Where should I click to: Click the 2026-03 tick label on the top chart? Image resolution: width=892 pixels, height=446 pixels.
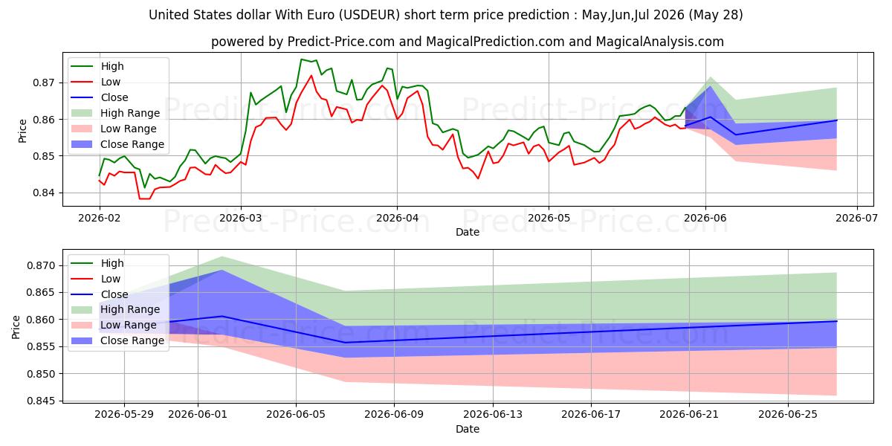(x=241, y=219)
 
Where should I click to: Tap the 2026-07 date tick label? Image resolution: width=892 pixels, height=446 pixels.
(x=856, y=219)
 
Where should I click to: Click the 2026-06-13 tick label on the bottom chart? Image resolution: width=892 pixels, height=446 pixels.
(x=493, y=415)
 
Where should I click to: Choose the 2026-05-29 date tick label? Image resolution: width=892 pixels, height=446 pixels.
(x=124, y=415)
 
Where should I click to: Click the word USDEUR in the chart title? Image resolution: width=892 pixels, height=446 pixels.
(x=369, y=15)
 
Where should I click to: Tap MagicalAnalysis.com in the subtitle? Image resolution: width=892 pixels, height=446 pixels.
(x=660, y=42)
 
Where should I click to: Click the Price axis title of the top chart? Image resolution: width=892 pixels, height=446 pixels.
(x=22, y=131)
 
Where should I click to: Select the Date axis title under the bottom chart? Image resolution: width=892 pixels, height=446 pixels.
(x=468, y=429)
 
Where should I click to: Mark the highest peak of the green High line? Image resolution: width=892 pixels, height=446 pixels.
(x=302, y=59)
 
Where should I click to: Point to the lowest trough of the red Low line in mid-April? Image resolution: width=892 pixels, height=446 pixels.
(x=478, y=178)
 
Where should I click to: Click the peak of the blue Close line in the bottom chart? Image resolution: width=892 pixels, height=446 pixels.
(x=222, y=316)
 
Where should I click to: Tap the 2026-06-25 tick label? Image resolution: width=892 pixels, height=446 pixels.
(x=788, y=415)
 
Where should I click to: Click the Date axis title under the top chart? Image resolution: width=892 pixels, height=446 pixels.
(x=468, y=232)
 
